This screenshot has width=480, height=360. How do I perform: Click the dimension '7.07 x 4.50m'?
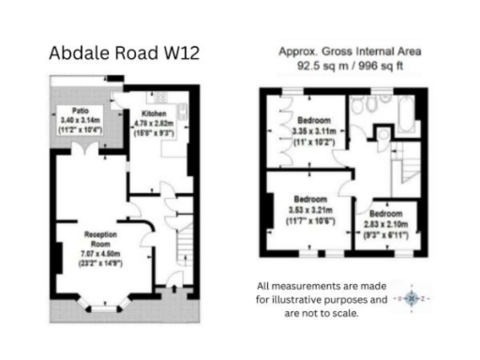(100, 252)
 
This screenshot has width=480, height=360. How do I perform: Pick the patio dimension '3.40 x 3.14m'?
(72, 121)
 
